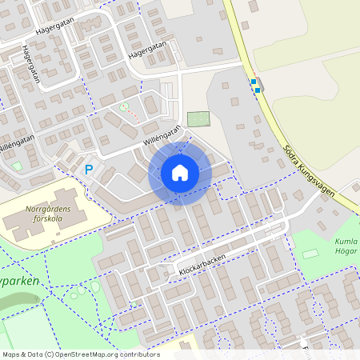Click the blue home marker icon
(180, 173)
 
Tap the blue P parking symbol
(90, 169)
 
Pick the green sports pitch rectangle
(197, 118)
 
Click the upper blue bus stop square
(254, 82)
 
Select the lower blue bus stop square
(258, 90)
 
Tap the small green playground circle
(124, 106)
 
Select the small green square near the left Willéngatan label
(17, 166)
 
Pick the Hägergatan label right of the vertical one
(148, 52)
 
